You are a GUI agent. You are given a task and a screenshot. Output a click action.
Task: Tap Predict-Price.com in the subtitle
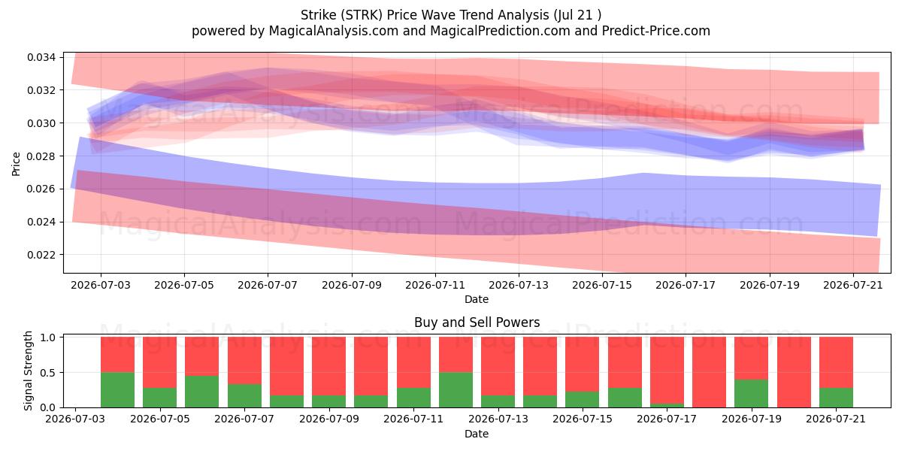pos(656,31)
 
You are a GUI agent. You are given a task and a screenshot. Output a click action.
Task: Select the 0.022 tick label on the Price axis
pos(41,255)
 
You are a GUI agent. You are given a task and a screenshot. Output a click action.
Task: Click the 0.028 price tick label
pos(41,156)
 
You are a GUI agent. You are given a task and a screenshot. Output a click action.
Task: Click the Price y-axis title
pos(16,164)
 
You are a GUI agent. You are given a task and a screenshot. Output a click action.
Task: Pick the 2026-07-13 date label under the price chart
pos(519,285)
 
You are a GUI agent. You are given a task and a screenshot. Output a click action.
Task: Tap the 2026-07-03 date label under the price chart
pos(101,285)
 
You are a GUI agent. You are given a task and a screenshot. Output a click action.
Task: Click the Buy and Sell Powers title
pos(477,322)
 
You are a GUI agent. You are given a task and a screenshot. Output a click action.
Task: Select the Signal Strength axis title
pos(28,371)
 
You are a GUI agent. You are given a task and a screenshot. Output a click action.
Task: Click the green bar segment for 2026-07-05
pos(160,398)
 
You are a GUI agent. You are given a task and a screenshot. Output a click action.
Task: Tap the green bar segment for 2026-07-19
pos(752,393)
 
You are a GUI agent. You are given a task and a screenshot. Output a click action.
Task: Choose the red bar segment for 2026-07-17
pos(667,370)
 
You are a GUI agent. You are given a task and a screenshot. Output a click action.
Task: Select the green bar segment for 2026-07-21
pos(836,398)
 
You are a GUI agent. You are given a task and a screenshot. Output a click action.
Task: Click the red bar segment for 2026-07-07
pos(244,360)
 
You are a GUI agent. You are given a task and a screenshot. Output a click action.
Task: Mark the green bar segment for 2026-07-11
pos(413,398)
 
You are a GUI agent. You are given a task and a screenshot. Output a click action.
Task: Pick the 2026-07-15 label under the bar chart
pos(583,419)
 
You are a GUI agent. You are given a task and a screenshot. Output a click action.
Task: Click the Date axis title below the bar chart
pos(477,434)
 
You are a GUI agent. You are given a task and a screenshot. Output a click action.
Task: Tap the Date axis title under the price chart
pos(477,299)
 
